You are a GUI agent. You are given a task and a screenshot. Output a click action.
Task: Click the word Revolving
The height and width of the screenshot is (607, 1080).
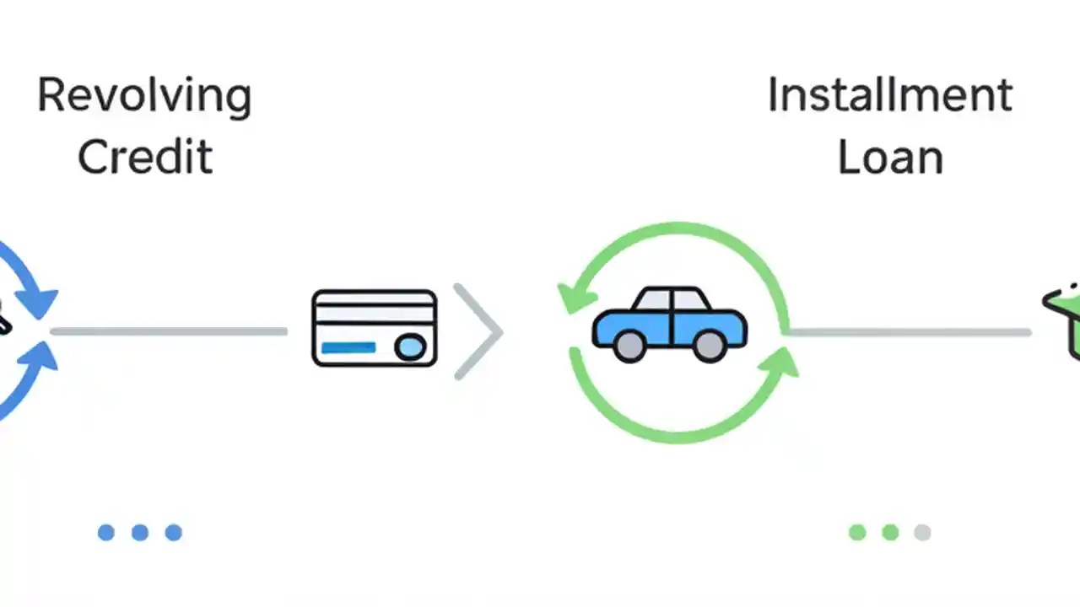click(144, 96)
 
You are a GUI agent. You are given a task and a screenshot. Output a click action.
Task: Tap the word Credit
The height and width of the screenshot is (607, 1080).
click(144, 157)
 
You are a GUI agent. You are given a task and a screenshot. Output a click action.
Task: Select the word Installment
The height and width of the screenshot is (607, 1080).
click(889, 94)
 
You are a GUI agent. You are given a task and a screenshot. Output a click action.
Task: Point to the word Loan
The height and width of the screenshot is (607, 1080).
click(889, 158)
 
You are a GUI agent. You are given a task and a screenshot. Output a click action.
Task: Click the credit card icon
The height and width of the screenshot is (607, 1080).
click(374, 328)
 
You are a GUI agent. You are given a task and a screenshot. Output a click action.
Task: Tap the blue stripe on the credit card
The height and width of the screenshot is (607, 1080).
click(348, 346)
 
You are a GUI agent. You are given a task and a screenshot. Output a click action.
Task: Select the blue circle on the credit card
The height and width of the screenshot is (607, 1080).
click(411, 346)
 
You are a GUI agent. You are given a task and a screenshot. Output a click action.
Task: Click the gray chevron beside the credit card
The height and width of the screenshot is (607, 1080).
click(479, 331)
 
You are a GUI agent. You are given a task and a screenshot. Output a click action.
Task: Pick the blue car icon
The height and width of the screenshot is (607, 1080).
click(670, 325)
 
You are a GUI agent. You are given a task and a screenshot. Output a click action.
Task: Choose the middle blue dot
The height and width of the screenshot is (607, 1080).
click(140, 532)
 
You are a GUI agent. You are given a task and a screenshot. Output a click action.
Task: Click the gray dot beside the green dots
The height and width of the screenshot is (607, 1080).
click(922, 532)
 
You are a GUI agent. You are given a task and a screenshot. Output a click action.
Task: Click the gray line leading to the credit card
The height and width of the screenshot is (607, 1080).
click(169, 331)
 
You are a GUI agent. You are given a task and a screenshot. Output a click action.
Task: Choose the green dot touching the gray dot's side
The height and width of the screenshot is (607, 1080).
click(890, 532)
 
